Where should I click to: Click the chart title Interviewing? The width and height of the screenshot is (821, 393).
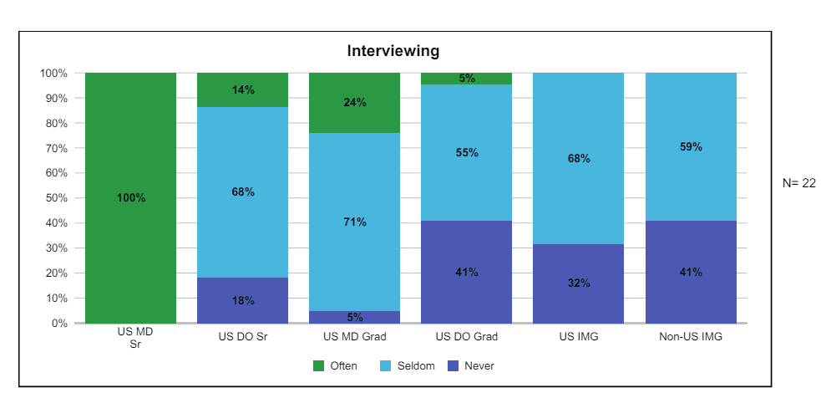393,51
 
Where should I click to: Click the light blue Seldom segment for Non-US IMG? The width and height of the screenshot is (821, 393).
691,184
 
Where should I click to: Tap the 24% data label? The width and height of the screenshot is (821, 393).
355,103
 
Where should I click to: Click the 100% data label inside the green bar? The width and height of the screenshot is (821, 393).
131,198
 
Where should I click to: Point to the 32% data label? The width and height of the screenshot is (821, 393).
579,283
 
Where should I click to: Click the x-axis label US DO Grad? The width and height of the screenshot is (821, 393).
467,337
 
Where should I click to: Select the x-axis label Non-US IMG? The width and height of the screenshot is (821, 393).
691,337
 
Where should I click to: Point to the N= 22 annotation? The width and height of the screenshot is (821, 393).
798,183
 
